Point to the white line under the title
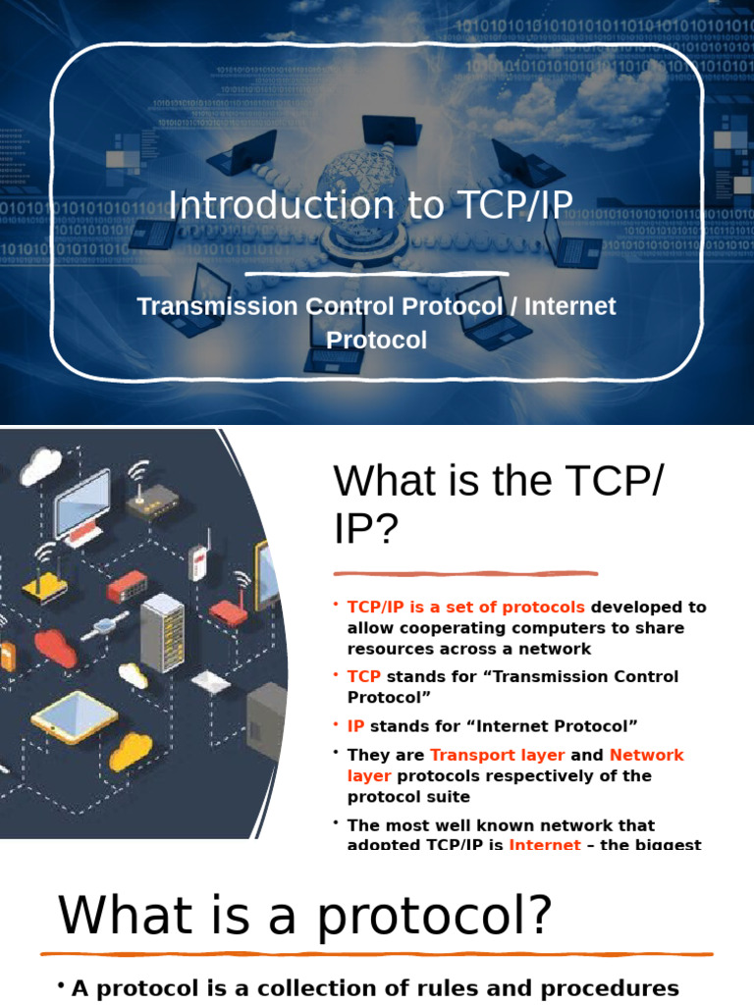coord(376,274)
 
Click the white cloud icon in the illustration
coord(40,467)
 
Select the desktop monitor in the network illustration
coord(82,505)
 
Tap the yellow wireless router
coord(44,586)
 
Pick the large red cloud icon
coord(55,648)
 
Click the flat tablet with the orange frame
coord(74,717)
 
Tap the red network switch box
coord(127,587)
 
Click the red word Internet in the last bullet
coord(544,844)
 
